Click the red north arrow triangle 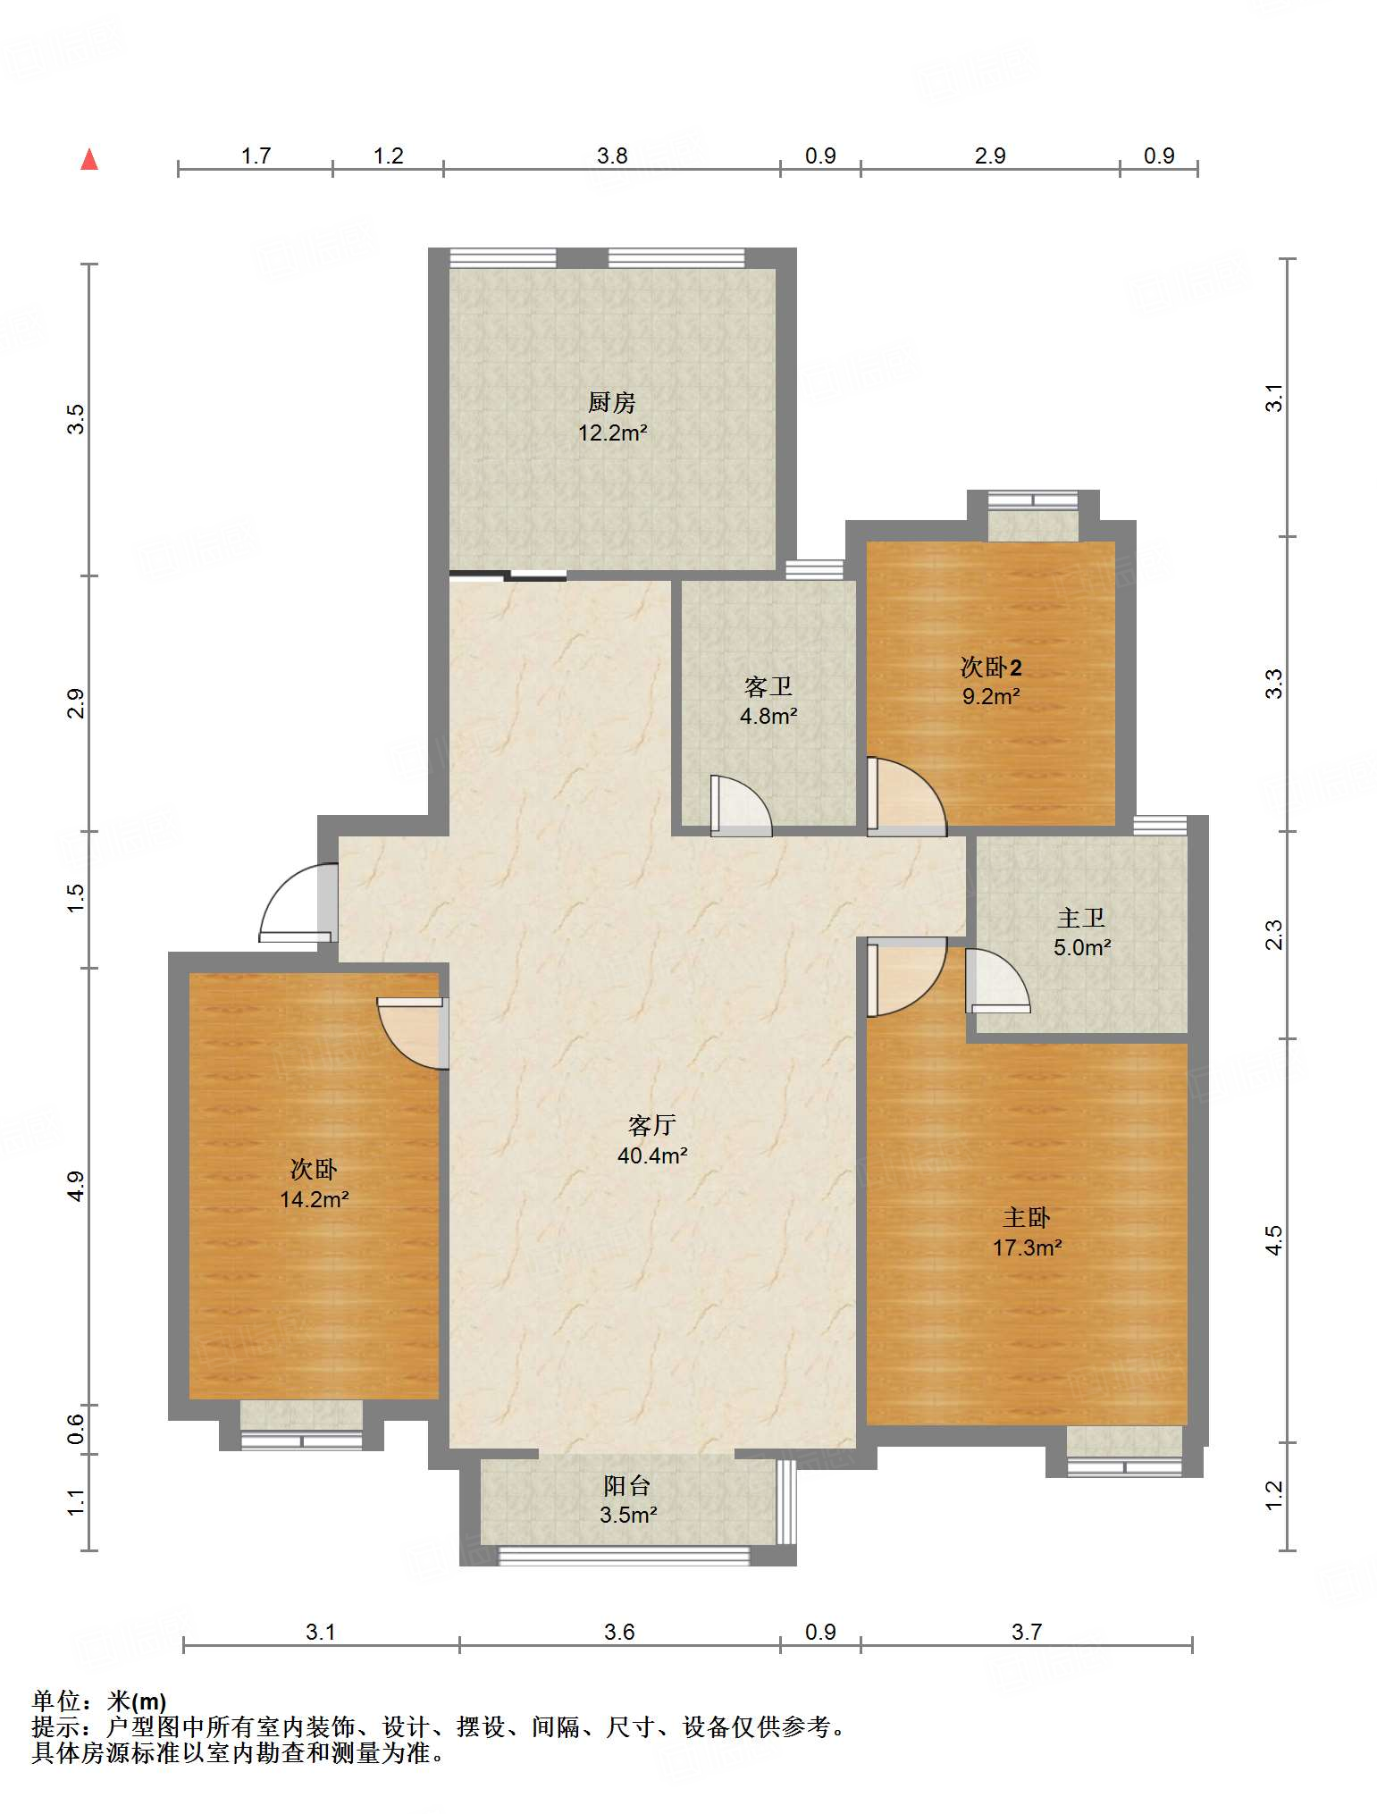(89, 159)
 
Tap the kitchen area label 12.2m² (612, 433)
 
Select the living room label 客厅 (651, 1125)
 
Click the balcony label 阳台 (627, 1485)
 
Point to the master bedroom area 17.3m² (1027, 1247)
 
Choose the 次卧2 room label (991, 667)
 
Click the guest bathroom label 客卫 (768, 686)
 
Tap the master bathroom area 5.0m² (1081, 947)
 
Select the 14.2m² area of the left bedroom (314, 1199)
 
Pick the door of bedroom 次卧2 (906, 797)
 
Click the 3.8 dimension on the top (612, 156)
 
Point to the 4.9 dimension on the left (77, 1186)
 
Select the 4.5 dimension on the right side (1274, 1239)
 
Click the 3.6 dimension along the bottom (618, 1632)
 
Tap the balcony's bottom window (624, 1556)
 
